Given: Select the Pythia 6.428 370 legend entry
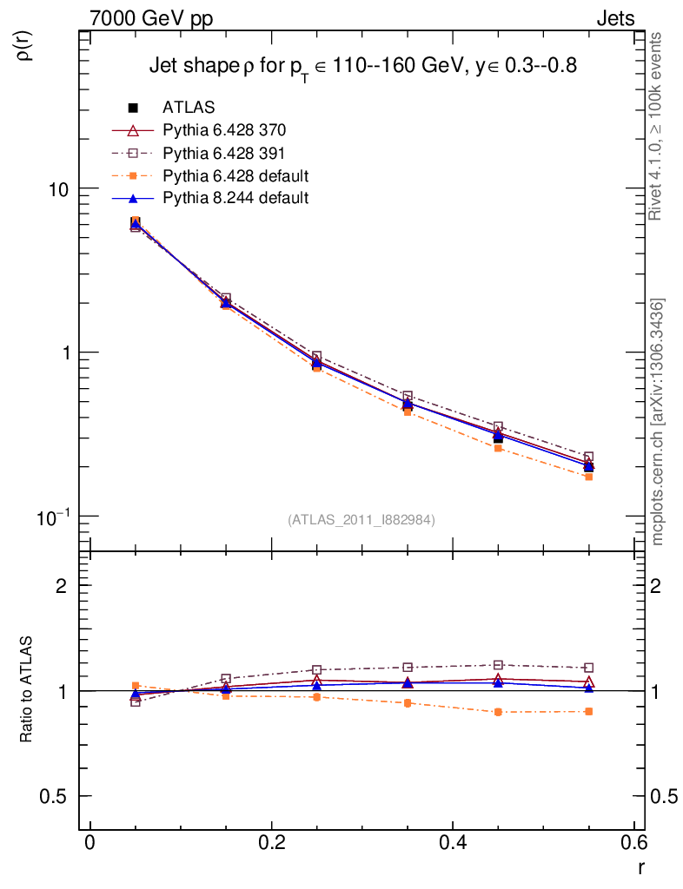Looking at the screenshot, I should (x=224, y=130).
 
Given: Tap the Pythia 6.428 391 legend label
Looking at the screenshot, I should (x=224, y=153).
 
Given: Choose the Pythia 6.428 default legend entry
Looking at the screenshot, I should (x=235, y=175).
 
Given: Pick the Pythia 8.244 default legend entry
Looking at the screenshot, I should (x=235, y=198).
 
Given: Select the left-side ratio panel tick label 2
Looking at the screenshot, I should (x=62, y=586).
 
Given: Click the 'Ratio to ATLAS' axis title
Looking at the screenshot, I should (x=27, y=692).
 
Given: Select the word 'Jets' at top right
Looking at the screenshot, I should (x=614, y=18).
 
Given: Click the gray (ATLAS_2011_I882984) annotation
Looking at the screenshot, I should (x=361, y=519).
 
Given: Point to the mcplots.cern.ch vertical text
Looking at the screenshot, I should (x=658, y=422).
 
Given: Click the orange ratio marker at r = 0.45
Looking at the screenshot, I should (x=498, y=712).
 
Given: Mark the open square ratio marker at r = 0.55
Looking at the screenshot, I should (x=589, y=668).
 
